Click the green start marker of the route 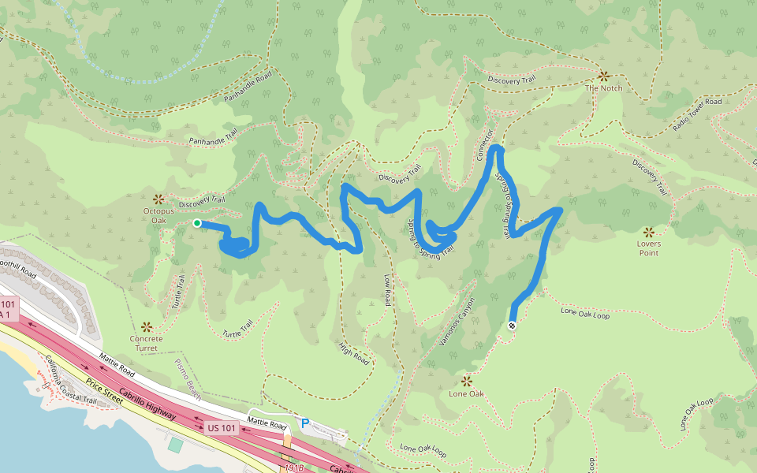pyautogui.click(x=197, y=223)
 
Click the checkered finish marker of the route pyautogui.click(x=513, y=326)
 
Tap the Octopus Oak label pyautogui.click(x=158, y=215)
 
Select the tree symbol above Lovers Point pyautogui.click(x=648, y=232)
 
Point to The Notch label pyautogui.click(x=603, y=88)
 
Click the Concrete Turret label pyautogui.click(x=146, y=344)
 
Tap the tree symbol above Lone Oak pyautogui.click(x=466, y=381)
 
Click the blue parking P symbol pyautogui.click(x=305, y=423)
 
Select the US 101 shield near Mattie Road pyautogui.click(x=221, y=428)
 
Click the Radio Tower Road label pyautogui.click(x=697, y=114)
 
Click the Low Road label pyautogui.click(x=388, y=290)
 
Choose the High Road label pyautogui.click(x=354, y=354)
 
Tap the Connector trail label pyautogui.click(x=486, y=146)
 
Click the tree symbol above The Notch pyautogui.click(x=603, y=76)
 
